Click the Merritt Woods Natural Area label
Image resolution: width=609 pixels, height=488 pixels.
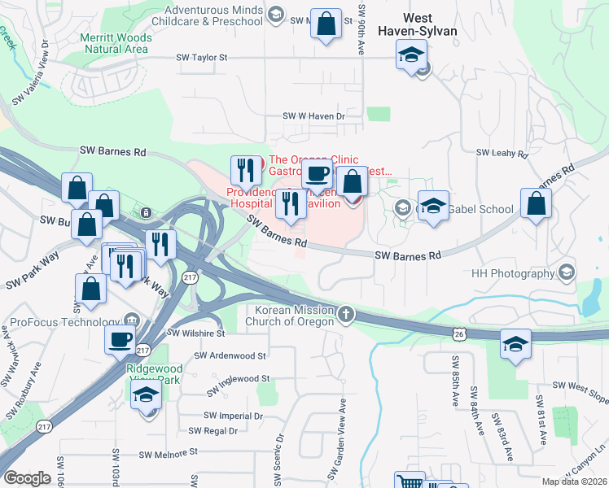click(115, 43)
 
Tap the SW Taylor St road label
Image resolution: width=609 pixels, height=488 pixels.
click(202, 59)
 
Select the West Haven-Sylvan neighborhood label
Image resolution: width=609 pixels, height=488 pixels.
click(418, 24)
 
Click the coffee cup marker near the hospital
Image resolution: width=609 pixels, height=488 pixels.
click(317, 173)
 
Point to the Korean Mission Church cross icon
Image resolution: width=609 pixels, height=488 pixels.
click(346, 314)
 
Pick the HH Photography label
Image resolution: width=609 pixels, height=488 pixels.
click(513, 273)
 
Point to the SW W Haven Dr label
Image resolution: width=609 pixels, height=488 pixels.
click(313, 116)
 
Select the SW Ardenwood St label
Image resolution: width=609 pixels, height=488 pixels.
click(231, 355)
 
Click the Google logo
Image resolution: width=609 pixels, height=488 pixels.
click(28, 478)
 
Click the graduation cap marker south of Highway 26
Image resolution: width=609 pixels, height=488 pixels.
click(515, 345)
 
